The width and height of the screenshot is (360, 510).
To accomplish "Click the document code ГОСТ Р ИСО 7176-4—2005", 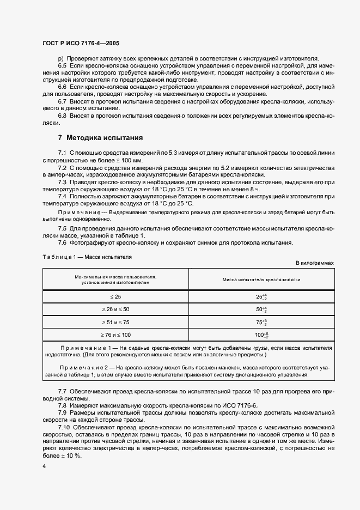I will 82,42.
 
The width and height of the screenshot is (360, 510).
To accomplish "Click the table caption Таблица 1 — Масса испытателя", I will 87,255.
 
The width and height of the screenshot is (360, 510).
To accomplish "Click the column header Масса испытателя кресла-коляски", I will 261,280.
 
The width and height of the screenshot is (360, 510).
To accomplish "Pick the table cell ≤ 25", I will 115,296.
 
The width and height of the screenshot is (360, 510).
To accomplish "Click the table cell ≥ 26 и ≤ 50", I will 115,309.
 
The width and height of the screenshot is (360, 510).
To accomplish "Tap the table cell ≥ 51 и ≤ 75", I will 115,321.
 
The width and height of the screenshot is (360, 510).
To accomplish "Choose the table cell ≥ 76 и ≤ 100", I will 115,334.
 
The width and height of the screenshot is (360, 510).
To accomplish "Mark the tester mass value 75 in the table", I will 260,321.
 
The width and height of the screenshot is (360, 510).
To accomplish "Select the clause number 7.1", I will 62,153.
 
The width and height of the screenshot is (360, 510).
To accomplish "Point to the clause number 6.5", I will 62,65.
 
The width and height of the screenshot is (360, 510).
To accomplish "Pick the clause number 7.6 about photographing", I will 62,242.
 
